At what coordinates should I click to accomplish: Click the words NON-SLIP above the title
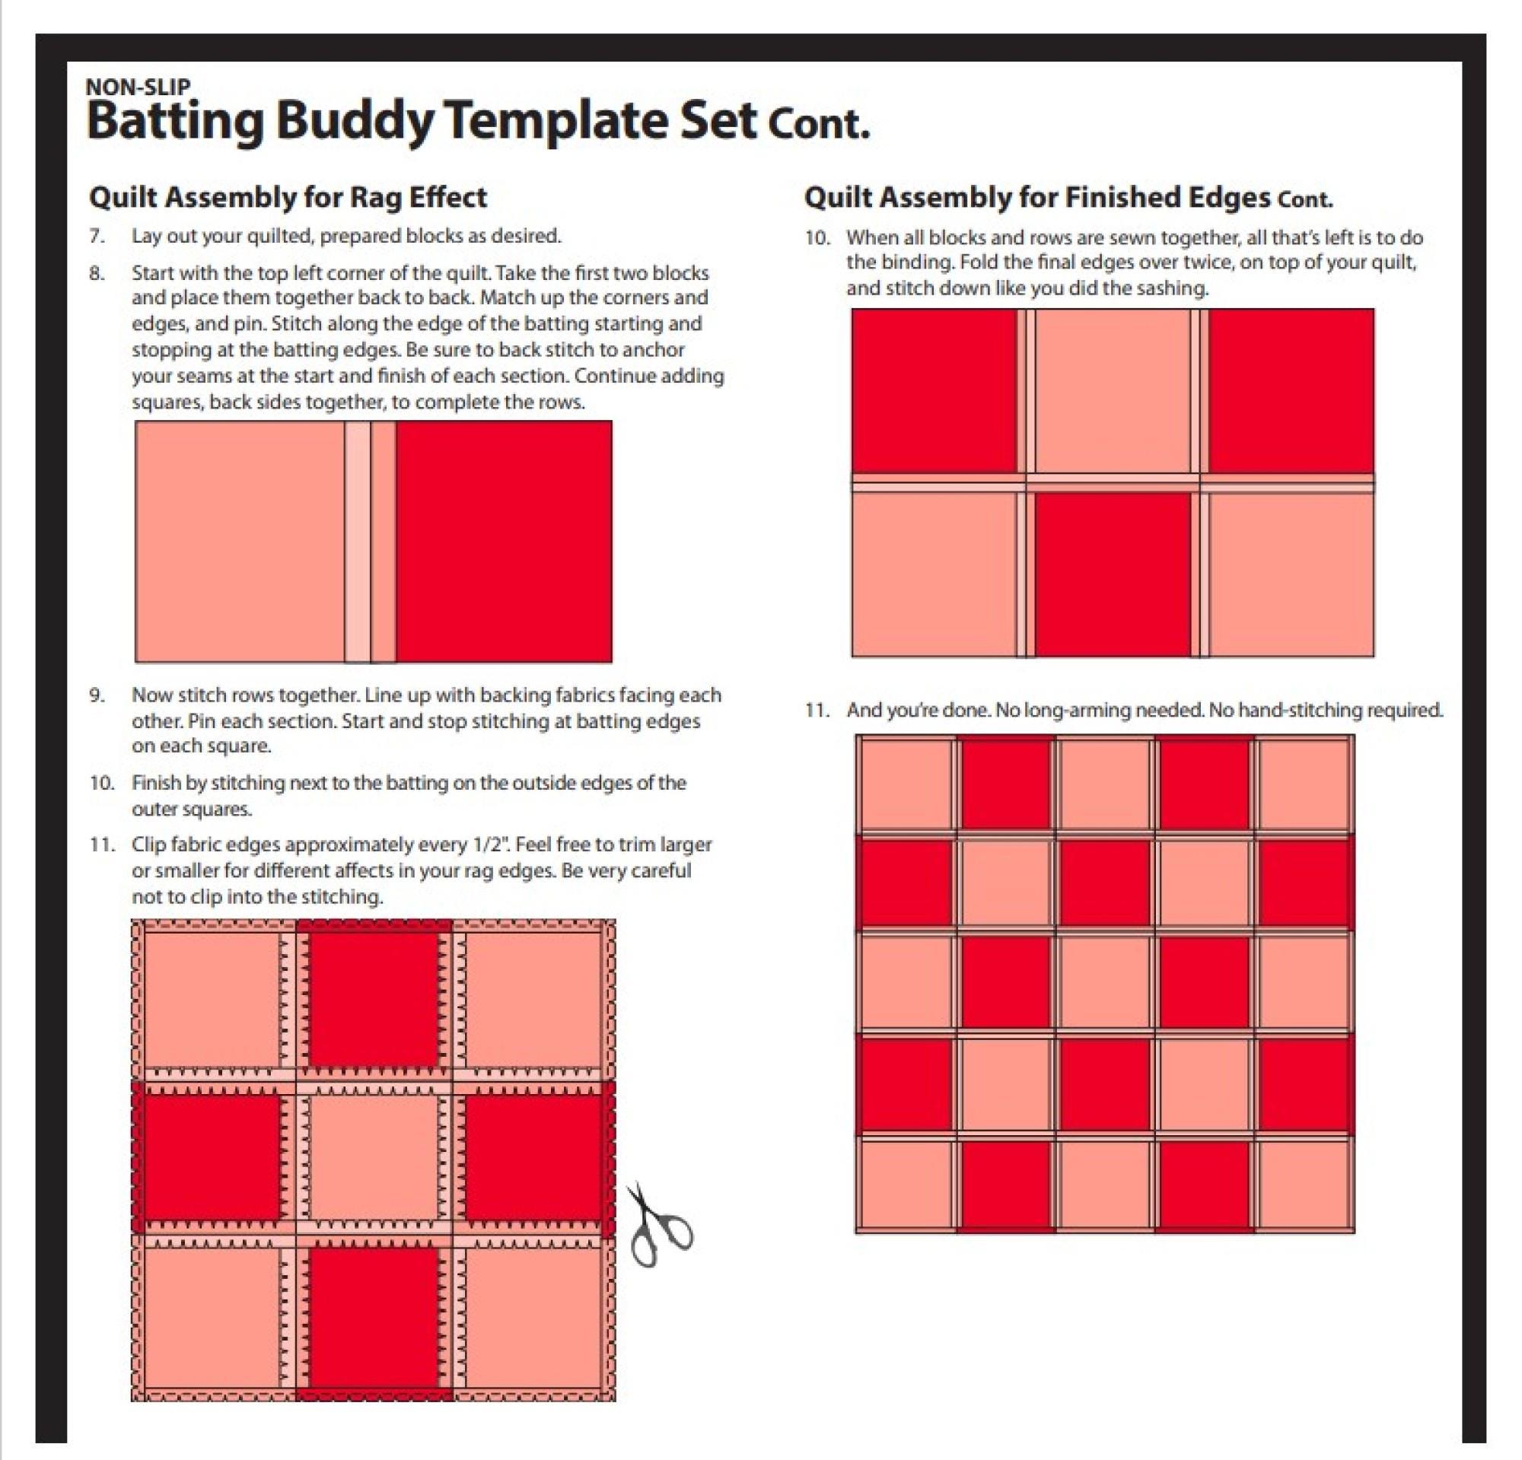[139, 86]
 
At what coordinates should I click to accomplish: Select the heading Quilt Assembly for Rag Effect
[288, 197]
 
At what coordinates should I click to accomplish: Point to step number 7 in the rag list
[97, 236]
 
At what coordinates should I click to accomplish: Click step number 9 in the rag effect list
[97, 695]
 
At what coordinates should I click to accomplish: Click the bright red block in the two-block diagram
[503, 541]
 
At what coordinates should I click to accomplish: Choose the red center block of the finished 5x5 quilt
[1104, 984]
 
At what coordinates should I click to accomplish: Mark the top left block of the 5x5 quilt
[906, 784]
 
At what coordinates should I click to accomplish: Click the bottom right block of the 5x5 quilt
[1303, 1183]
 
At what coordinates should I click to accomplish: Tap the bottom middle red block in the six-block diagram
[1112, 574]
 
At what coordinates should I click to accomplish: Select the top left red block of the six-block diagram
[934, 390]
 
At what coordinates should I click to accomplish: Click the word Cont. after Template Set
[820, 124]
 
